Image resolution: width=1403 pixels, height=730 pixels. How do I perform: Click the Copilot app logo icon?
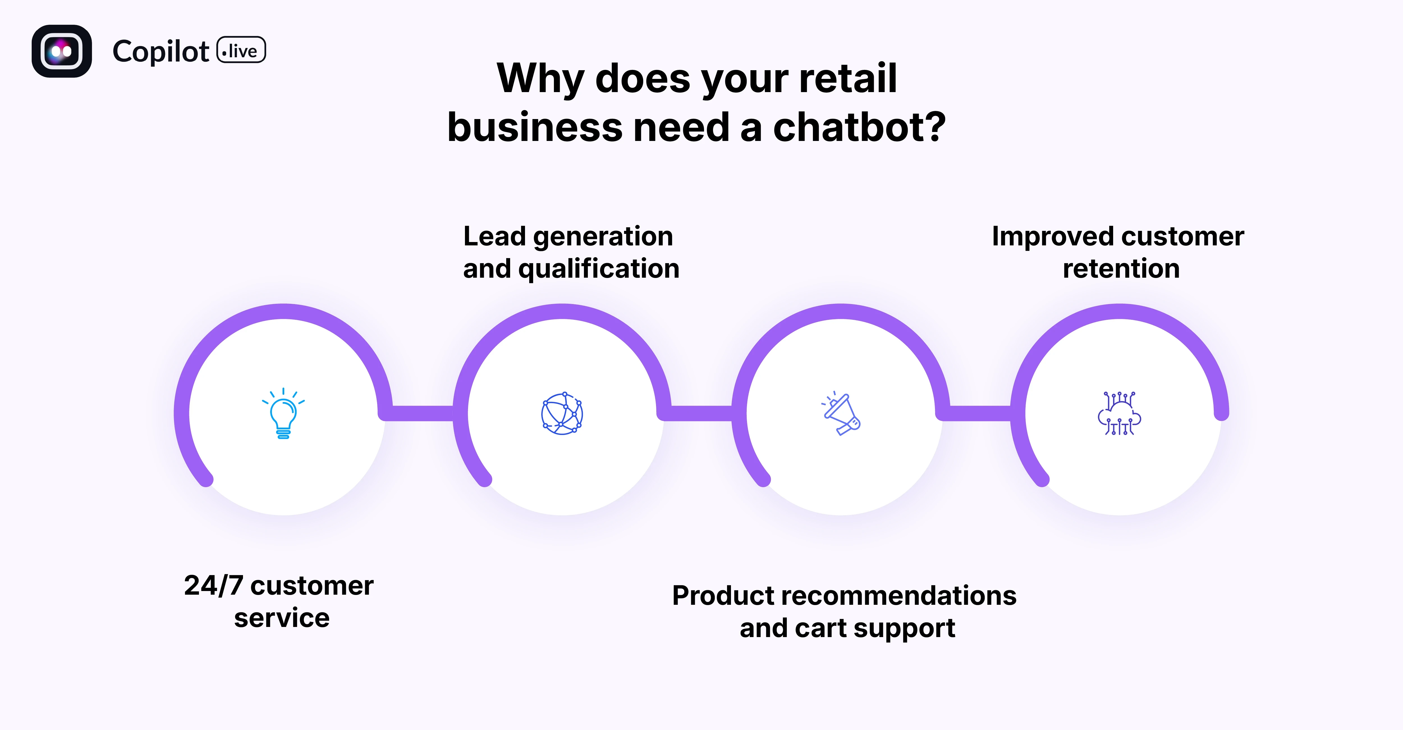61,51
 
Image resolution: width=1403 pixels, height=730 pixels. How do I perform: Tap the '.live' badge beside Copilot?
241,51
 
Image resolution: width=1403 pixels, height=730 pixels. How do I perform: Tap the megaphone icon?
841,414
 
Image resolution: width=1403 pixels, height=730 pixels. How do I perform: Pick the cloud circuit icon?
1119,414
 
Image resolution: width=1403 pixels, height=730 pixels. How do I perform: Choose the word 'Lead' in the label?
494,236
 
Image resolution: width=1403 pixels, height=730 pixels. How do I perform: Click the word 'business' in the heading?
534,127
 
